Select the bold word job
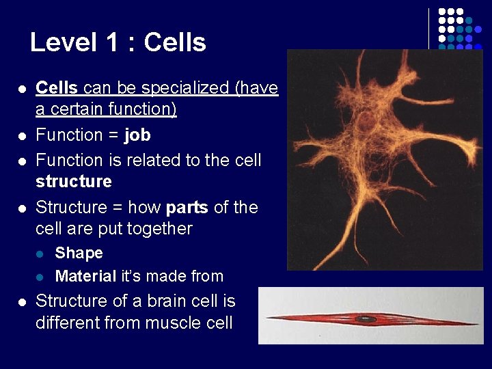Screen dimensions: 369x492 (137, 135)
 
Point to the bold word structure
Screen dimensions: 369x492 (73, 182)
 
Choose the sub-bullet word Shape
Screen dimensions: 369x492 (79, 253)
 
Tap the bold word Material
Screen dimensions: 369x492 (85, 276)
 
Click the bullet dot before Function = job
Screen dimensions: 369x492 (22, 135)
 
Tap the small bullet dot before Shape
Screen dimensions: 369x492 (41, 254)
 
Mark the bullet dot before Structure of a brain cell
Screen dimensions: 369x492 (22, 302)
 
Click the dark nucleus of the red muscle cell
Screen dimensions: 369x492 (366, 318)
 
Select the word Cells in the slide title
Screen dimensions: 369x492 (175, 42)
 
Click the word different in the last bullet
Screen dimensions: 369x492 (68, 323)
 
